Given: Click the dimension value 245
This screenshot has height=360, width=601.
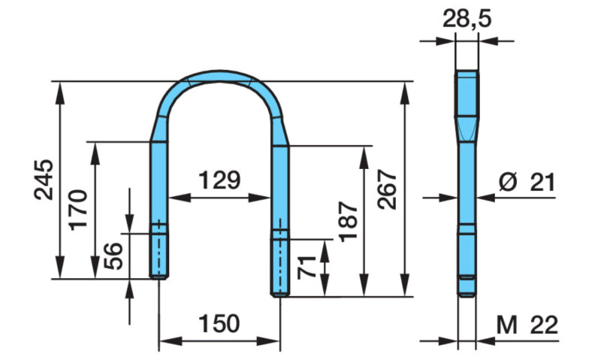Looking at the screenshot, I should point(44,180).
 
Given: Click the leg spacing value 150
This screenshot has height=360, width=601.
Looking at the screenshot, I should point(218,324).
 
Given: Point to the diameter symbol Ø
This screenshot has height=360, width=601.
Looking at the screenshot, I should point(507,181).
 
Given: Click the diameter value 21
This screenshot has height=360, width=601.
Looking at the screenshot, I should point(542,181).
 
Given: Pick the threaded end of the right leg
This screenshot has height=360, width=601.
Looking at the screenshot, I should point(279,263).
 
